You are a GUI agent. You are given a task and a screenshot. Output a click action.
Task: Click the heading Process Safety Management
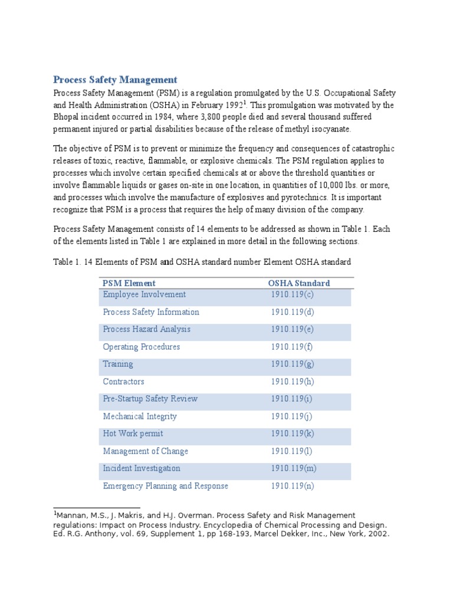click(x=115, y=80)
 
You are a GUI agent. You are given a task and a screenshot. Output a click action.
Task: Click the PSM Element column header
click(x=129, y=283)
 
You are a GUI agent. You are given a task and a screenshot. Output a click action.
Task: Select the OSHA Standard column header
click(x=298, y=283)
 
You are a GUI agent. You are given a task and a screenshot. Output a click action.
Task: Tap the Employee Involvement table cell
click(x=144, y=294)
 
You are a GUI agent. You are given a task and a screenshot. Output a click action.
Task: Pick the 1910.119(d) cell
click(x=293, y=312)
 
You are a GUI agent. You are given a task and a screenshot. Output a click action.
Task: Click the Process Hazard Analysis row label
click(x=146, y=329)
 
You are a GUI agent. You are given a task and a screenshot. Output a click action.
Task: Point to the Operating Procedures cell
click(x=141, y=347)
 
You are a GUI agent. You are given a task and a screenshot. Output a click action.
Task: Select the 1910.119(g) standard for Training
click(x=293, y=364)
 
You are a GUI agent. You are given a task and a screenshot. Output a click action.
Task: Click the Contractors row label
click(x=123, y=382)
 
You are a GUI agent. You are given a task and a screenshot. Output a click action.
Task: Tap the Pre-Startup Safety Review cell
click(x=150, y=399)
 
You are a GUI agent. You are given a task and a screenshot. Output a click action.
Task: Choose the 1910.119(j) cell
click(x=292, y=416)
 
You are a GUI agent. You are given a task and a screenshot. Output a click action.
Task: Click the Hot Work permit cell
click(x=133, y=434)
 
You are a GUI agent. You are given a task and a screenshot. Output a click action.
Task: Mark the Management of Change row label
click(x=145, y=451)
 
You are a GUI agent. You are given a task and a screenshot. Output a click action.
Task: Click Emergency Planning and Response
click(x=165, y=486)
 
